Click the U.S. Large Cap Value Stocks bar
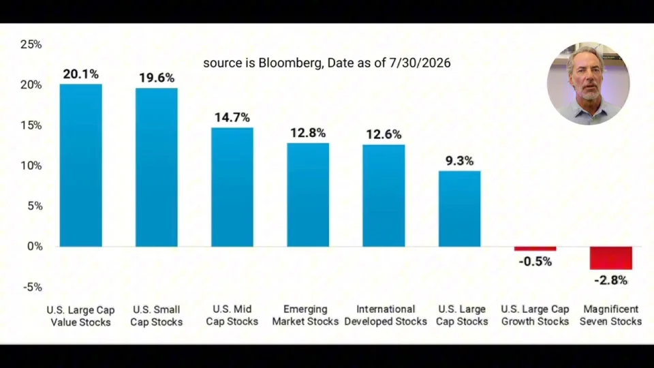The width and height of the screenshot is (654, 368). click(81, 165)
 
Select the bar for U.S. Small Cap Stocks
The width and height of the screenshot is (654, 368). click(157, 168)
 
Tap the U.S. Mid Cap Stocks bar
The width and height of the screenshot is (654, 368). click(232, 187)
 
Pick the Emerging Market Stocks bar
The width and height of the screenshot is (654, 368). click(308, 195)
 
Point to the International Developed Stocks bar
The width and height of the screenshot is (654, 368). click(384, 196)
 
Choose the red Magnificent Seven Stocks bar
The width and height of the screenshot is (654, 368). click(610, 258)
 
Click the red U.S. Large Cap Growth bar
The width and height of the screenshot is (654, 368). click(535, 249)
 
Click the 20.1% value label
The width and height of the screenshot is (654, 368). click(81, 74)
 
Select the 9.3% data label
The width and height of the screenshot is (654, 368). click(460, 161)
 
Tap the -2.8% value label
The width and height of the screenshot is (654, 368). click(610, 280)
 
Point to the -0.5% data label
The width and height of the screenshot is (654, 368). click(535, 262)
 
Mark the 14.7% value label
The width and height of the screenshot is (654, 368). click(232, 118)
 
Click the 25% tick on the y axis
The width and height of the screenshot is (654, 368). click(31, 45)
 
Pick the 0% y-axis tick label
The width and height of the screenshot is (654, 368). click(35, 247)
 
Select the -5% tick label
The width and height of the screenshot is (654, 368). click(33, 287)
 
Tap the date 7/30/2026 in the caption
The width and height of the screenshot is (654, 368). click(420, 63)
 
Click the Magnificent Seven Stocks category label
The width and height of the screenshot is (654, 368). click(610, 316)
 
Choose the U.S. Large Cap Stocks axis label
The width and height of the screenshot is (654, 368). click(462, 316)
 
